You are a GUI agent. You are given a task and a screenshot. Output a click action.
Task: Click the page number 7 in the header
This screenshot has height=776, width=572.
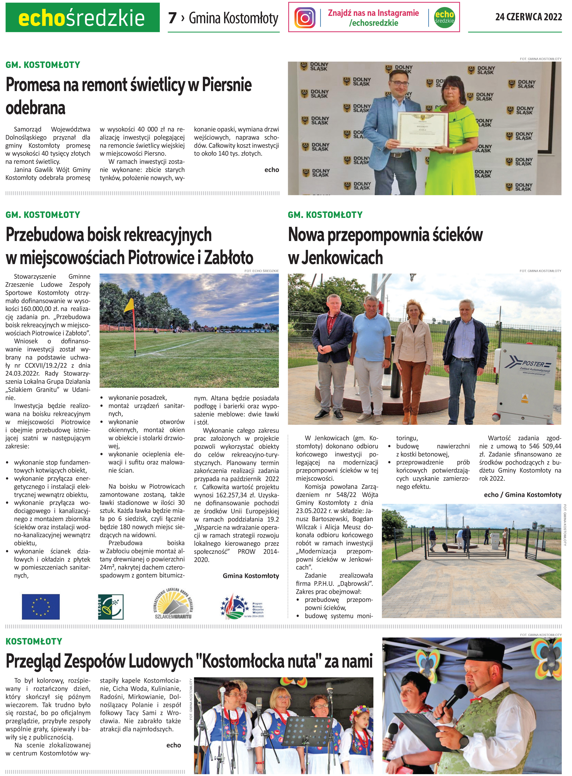point(172,18)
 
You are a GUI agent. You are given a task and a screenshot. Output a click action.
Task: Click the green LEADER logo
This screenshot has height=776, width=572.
point(111,607)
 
